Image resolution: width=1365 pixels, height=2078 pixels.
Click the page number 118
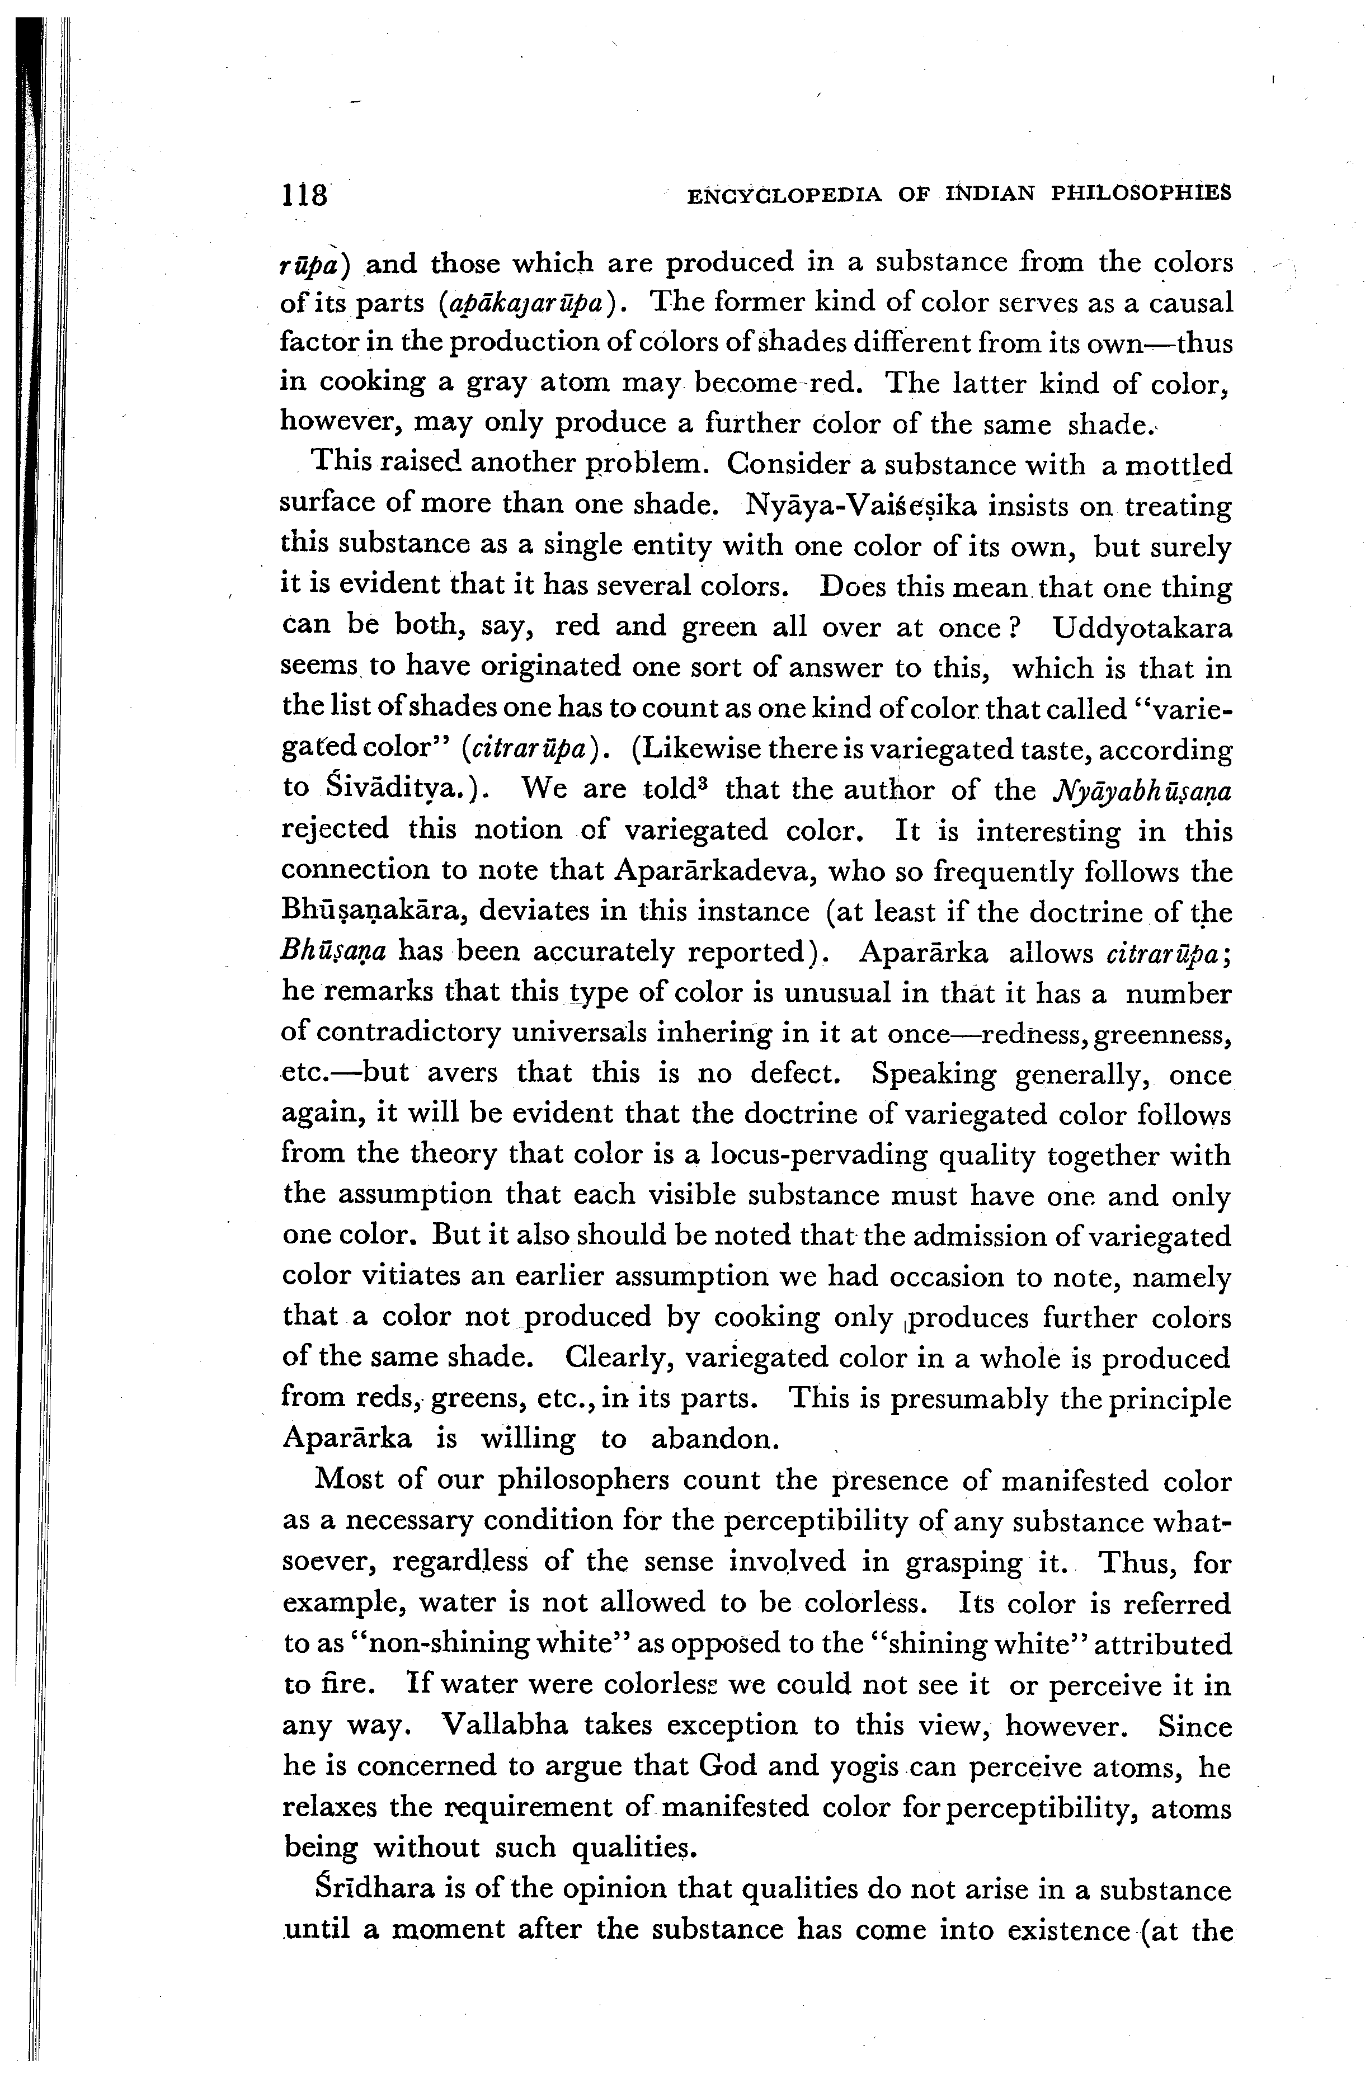(x=303, y=193)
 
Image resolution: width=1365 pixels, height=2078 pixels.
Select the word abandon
(x=714, y=1438)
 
